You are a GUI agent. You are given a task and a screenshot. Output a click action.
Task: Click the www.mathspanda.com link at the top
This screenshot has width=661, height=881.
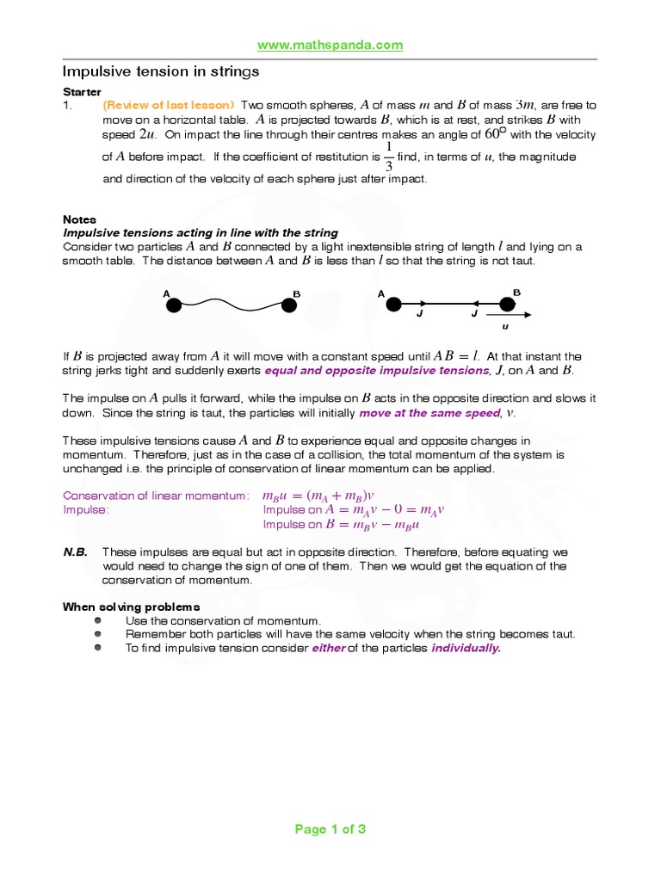point(330,46)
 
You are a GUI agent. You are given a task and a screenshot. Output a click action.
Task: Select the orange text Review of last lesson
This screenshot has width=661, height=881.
point(169,105)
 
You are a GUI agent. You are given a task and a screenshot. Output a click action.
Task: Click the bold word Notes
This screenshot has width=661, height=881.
point(80,219)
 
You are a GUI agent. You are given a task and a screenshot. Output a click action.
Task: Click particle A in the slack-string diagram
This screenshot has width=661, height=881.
point(173,305)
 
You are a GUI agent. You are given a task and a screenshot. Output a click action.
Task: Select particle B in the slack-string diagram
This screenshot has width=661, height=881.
point(288,304)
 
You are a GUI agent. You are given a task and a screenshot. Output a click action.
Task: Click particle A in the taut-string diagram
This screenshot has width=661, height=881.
point(394,304)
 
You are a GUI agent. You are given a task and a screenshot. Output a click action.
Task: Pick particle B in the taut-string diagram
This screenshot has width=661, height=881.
point(507,304)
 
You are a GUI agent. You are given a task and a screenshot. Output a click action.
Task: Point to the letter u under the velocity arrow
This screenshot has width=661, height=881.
point(506,327)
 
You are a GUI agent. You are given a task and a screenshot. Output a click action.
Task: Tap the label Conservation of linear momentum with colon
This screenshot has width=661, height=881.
point(157,496)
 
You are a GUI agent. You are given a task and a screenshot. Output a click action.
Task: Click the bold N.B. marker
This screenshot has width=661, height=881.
point(75,552)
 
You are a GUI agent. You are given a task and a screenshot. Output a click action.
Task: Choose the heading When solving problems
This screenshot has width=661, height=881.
point(131,607)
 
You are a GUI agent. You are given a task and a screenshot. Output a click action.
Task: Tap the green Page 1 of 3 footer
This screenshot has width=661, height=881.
point(330,829)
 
